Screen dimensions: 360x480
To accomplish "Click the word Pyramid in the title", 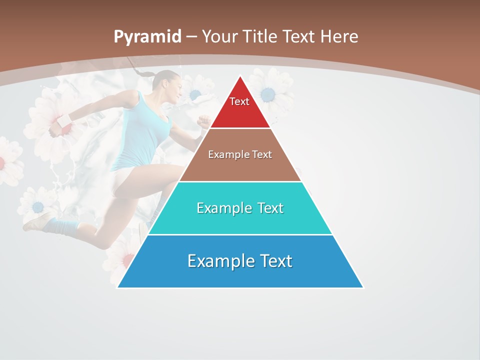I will point(147,37).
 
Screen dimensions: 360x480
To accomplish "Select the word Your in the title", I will point(220,37).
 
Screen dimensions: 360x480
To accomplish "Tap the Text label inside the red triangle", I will point(239,101).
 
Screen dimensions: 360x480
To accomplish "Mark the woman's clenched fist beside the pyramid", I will point(203,121).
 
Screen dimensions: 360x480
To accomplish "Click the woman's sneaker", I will point(38,221).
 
